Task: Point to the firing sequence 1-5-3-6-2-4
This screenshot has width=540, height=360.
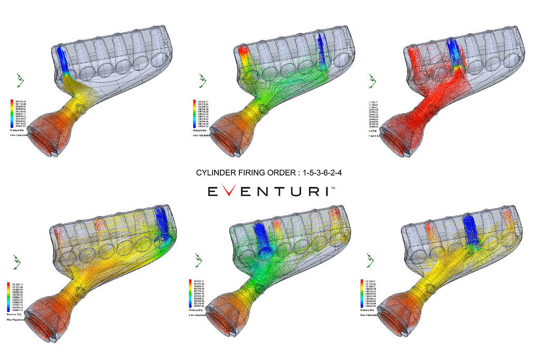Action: pyautogui.click(x=321, y=172)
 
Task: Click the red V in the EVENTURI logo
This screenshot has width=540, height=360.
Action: pyautogui.click(x=230, y=191)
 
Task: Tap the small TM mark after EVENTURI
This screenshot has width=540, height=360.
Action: pyautogui.click(x=334, y=187)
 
